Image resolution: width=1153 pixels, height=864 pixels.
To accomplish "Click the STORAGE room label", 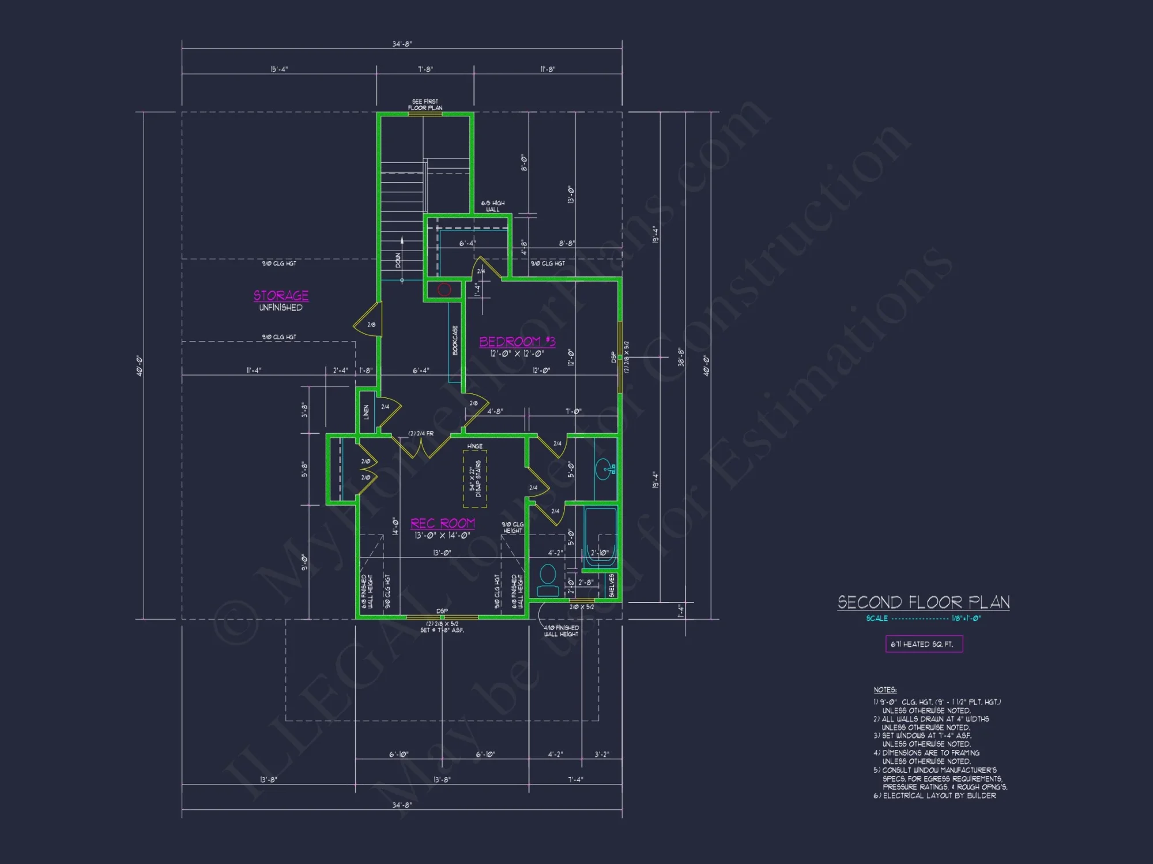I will pyautogui.click(x=281, y=295).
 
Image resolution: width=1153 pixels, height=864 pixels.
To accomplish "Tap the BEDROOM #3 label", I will pyautogui.click(x=517, y=342).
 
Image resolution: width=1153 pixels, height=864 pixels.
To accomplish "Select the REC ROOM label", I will pyautogui.click(x=442, y=523).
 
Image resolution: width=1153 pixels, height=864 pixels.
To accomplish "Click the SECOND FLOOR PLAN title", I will pyautogui.click(x=923, y=602).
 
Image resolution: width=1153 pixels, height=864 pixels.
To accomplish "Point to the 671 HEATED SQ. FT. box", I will pyautogui.click(x=924, y=644).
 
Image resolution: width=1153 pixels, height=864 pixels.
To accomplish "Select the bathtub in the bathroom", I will pyautogui.click(x=601, y=537).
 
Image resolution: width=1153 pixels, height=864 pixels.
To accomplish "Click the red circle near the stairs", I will pyautogui.click(x=444, y=290).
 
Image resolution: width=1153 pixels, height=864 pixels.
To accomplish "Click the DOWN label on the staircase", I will pyautogui.click(x=398, y=260).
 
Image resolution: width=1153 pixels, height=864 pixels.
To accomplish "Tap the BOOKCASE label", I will pyautogui.click(x=455, y=340).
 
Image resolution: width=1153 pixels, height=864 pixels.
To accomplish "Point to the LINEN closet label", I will pyautogui.click(x=366, y=412).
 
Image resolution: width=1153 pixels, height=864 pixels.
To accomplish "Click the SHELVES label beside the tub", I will pyautogui.click(x=612, y=585).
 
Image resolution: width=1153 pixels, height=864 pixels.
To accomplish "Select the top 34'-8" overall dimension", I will pyautogui.click(x=402, y=44).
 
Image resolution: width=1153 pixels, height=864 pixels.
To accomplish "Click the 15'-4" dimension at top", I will pyautogui.click(x=279, y=69).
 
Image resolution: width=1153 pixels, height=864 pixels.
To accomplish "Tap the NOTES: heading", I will pyautogui.click(x=884, y=689).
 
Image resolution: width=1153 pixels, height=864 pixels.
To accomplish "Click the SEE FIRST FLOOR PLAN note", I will pyautogui.click(x=425, y=104).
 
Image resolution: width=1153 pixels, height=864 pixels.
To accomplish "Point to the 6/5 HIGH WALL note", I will pyautogui.click(x=493, y=206).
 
